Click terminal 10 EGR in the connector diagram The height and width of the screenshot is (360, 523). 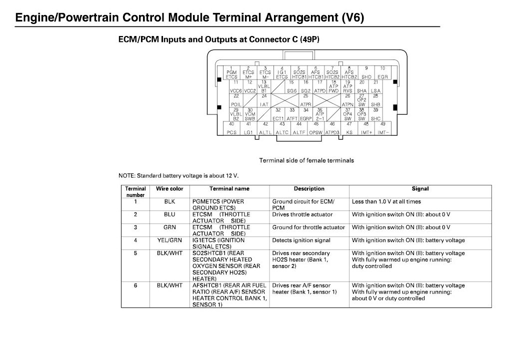382,73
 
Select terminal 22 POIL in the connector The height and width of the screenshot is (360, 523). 237,100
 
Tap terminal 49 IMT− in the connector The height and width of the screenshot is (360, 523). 382,128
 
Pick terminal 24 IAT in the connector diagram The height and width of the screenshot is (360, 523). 264,100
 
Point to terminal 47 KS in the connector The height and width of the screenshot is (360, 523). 349,128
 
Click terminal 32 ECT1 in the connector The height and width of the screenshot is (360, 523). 278,114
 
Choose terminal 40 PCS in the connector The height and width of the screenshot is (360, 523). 231,128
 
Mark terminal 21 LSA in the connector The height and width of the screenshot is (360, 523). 375,86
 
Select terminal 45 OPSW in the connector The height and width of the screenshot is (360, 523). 315,128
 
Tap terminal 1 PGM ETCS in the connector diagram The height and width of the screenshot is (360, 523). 231,73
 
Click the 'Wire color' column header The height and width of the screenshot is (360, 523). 169,189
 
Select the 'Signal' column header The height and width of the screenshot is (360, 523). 420,189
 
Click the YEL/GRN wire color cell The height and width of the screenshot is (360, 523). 169,240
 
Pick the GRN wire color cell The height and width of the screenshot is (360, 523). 169,227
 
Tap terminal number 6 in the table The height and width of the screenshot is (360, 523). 135,285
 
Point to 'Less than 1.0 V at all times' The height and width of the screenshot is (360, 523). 386,201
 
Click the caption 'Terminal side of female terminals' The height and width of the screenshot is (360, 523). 306,160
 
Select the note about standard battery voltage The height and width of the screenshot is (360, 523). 178,176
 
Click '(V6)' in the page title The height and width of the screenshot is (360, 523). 353,17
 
